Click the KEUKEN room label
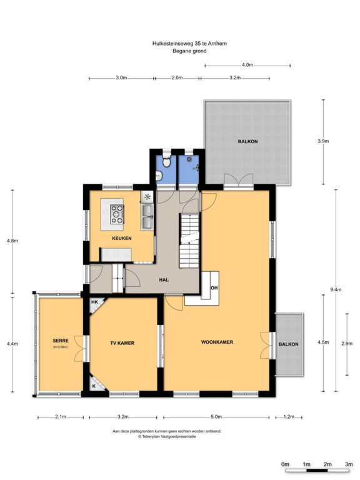coord(121,238)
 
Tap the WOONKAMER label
coord(217,342)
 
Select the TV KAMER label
coord(122,343)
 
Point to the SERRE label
coord(61,341)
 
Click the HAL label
coord(164,279)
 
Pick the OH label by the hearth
coord(214,287)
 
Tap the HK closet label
coord(94,302)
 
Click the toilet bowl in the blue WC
coord(166,161)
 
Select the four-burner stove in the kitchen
coord(117,214)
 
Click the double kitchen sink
coord(147,217)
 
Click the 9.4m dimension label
coord(336,289)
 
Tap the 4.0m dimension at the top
coord(247,65)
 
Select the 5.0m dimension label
coord(216,417)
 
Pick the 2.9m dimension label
coord(347,344)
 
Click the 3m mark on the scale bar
coord(349,464)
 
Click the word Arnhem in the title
coord(217,44)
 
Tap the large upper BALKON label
coord(247,141)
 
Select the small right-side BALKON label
coord(288,344)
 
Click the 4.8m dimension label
coord(12,241)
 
